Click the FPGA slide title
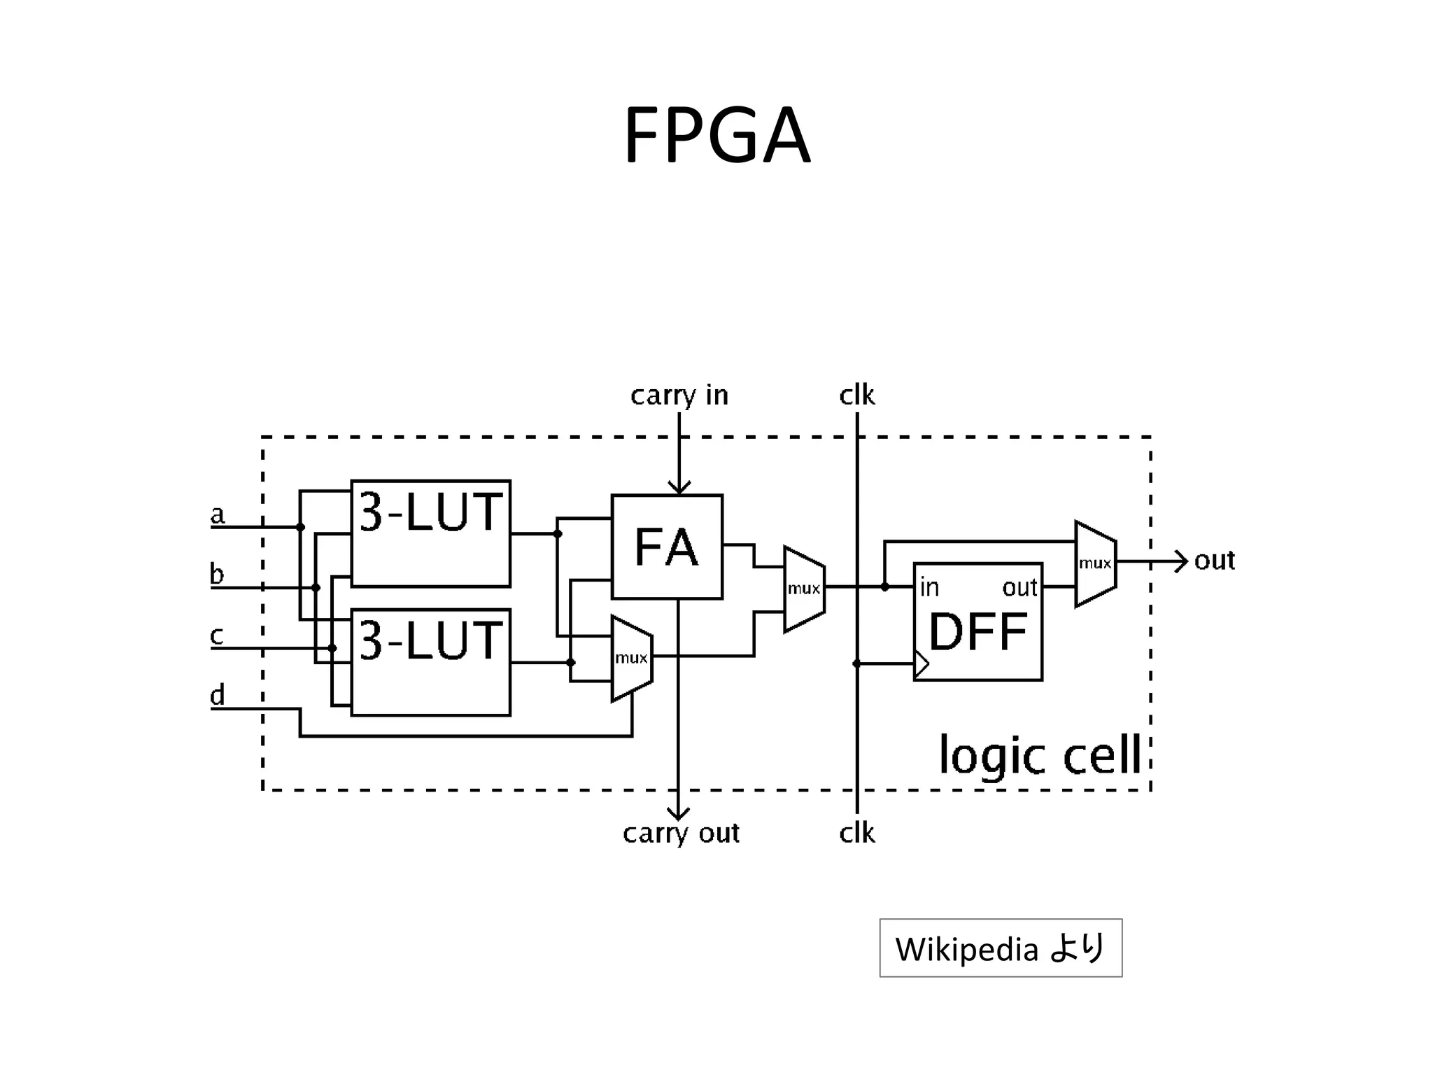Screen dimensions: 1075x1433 (716, 135)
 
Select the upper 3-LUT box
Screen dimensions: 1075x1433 (430, 533)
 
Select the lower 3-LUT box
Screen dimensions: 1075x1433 (430, 662)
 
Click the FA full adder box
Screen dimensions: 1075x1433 (667, 547)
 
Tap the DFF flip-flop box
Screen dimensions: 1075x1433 (977, 621)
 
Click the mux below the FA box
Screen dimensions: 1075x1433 (632, 658)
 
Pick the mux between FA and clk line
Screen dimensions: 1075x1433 (804, 589)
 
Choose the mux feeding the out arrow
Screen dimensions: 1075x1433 (1095, 563)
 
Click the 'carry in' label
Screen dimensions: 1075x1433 (679, 395)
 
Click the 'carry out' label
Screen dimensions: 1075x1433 (680, 834)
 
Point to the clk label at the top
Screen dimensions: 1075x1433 (856, 395)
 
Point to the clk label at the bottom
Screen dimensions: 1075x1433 (856, 834)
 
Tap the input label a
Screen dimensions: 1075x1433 (218, 515)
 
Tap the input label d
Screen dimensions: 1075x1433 (218, 696)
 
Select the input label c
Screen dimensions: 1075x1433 (217, 635)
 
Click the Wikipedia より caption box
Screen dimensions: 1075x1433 (1001, 948)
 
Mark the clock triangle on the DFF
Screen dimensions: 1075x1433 (922, 663)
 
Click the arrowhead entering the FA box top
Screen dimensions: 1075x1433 (679, 487)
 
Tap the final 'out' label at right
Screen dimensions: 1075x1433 (1214, 561)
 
